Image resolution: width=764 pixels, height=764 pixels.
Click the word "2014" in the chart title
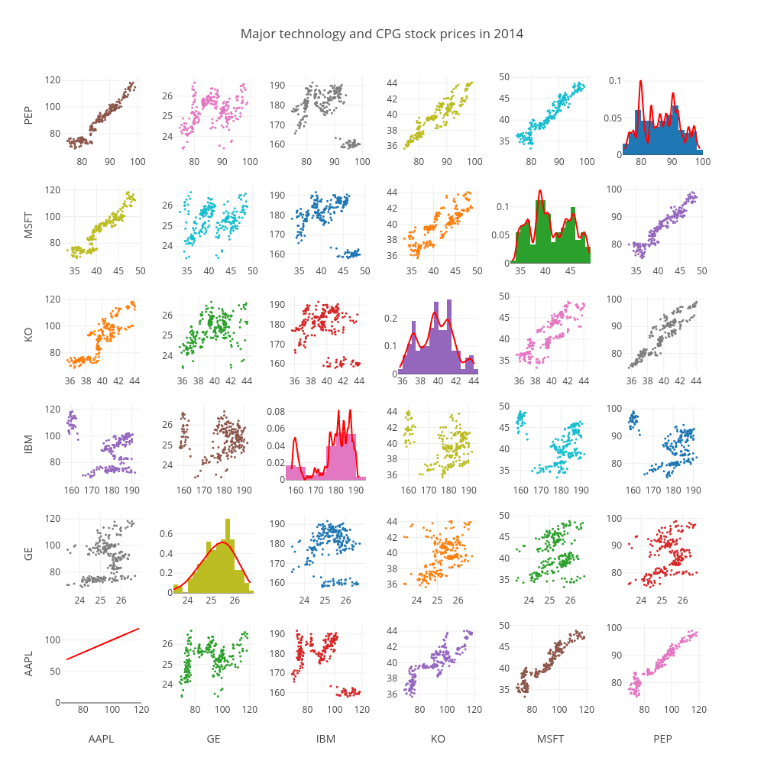508,34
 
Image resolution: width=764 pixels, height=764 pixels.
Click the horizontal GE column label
213,739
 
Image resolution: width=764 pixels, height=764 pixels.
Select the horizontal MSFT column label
550,739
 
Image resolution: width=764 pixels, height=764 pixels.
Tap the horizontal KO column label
438,739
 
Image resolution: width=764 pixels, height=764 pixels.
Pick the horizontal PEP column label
662,739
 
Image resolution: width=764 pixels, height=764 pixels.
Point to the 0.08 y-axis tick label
275,412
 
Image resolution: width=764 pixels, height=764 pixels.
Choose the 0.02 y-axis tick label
275,463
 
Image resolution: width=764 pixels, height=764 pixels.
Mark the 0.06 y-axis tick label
275,429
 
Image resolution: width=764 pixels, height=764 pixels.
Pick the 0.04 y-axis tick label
275,445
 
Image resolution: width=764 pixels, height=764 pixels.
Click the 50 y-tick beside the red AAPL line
54,671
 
